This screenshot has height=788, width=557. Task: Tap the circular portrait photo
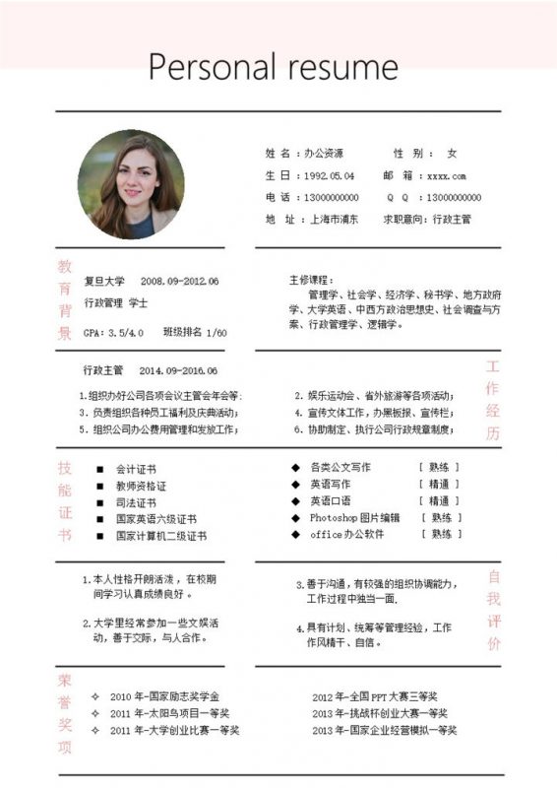131,185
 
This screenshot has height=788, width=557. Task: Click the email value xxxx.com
446,175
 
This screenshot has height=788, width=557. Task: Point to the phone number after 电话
332,197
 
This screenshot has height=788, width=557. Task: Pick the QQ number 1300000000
455,197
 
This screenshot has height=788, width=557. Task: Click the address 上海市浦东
333,219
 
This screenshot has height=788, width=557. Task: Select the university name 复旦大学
103,281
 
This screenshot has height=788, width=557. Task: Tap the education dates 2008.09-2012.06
179,281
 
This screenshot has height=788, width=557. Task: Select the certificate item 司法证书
136,502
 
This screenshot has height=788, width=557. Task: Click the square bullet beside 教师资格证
98,486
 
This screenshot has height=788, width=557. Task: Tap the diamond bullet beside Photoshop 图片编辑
294,517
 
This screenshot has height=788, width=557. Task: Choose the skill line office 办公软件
346,534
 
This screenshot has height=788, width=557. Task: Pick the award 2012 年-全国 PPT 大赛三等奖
375,696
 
